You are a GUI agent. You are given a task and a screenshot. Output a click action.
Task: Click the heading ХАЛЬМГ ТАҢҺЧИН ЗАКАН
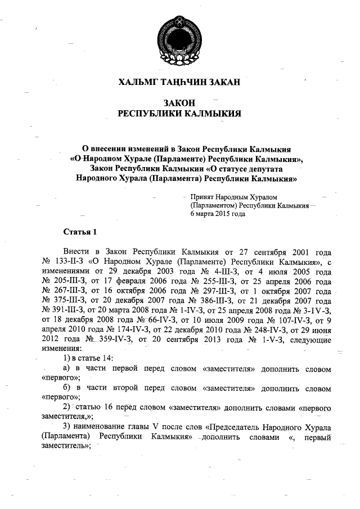tap(179, 82)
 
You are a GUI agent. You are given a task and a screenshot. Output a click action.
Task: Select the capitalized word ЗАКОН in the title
tap(179, 103)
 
